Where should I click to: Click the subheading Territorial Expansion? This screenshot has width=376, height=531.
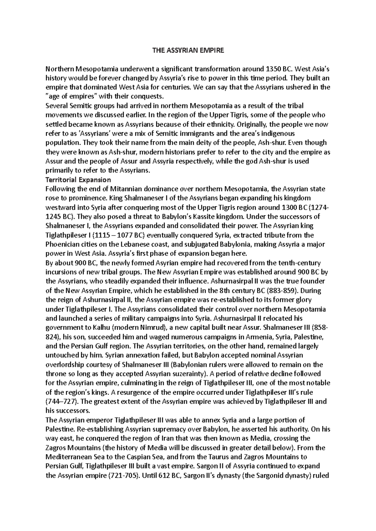[78, 180]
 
